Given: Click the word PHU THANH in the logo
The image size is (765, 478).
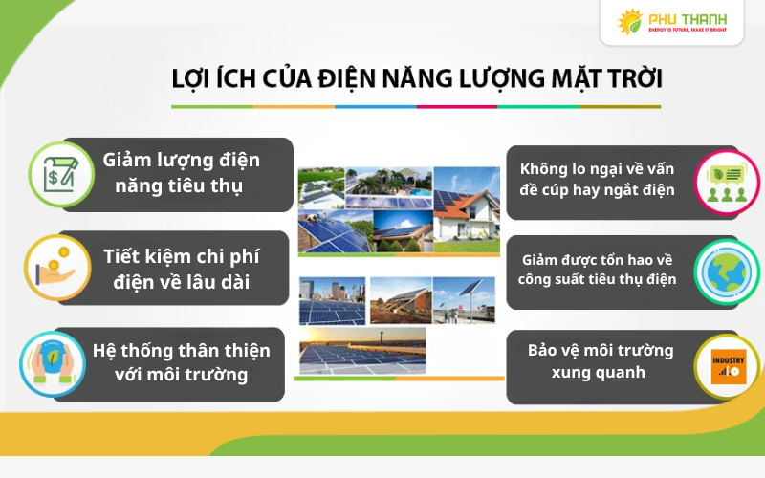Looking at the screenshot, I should (688, 18).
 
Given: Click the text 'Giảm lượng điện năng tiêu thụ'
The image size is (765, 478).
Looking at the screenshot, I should (181, 172).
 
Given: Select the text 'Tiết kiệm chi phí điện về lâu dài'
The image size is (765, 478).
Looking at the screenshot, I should (181, 269).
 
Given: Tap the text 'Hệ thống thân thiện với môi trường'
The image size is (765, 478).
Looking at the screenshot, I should (181, 362).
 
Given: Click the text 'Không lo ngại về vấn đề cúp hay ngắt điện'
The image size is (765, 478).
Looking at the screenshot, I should (598, 179).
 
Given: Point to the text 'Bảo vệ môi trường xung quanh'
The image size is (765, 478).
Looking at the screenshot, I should (600, 360).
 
